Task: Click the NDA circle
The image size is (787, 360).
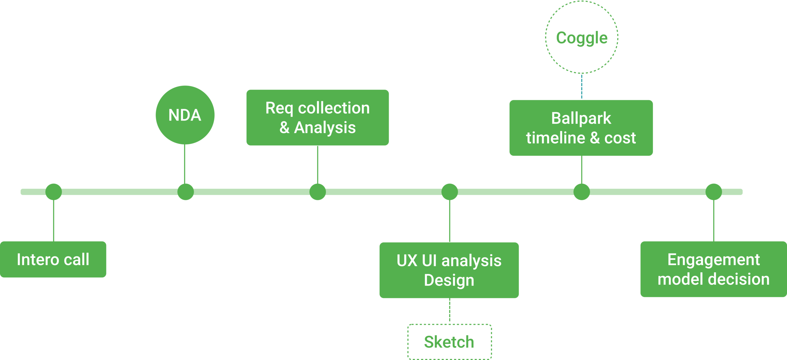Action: point(185,115)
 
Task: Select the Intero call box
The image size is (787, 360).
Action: point(53,259)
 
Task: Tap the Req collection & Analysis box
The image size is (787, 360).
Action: point(317,117)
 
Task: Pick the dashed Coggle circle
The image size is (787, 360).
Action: point(581,37)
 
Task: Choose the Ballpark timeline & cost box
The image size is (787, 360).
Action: point(581,128)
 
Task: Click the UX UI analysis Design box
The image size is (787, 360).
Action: point(449,270)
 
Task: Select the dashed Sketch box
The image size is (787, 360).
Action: point(449,342)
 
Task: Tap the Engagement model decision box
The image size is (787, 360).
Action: point(713,269)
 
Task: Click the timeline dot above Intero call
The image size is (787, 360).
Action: point(54,192)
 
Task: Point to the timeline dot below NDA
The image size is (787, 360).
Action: point(185,192)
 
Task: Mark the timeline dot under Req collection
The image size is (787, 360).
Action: point(317,192)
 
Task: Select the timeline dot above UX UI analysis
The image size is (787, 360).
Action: point(449,192)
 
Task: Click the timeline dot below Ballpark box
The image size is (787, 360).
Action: point(581,192)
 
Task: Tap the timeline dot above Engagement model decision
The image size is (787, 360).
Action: point(713,192)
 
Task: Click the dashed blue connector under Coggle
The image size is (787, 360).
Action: point(581,87)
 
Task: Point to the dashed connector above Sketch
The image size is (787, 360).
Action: point(450,311)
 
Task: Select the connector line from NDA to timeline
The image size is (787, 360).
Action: point(185,164)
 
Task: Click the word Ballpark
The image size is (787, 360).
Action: point(581,118)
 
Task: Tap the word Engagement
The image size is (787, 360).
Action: point(713,260)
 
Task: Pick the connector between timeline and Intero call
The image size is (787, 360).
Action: point(54,220)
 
